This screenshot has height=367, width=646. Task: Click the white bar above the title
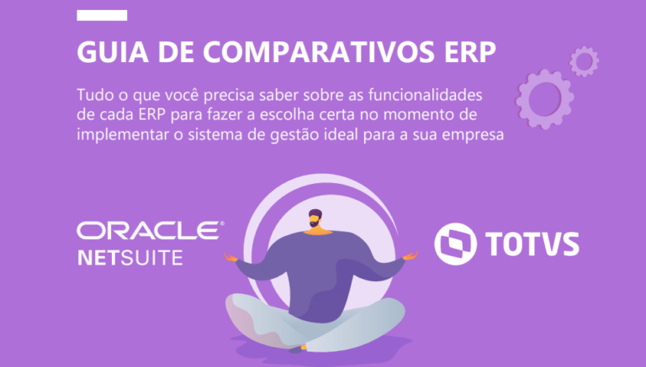102,15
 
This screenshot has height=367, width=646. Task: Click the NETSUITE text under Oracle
130,258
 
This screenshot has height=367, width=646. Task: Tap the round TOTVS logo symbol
455,244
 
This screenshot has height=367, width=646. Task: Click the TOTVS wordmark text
532,244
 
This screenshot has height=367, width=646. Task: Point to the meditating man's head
315,218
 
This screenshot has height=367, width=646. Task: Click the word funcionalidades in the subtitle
425,95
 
